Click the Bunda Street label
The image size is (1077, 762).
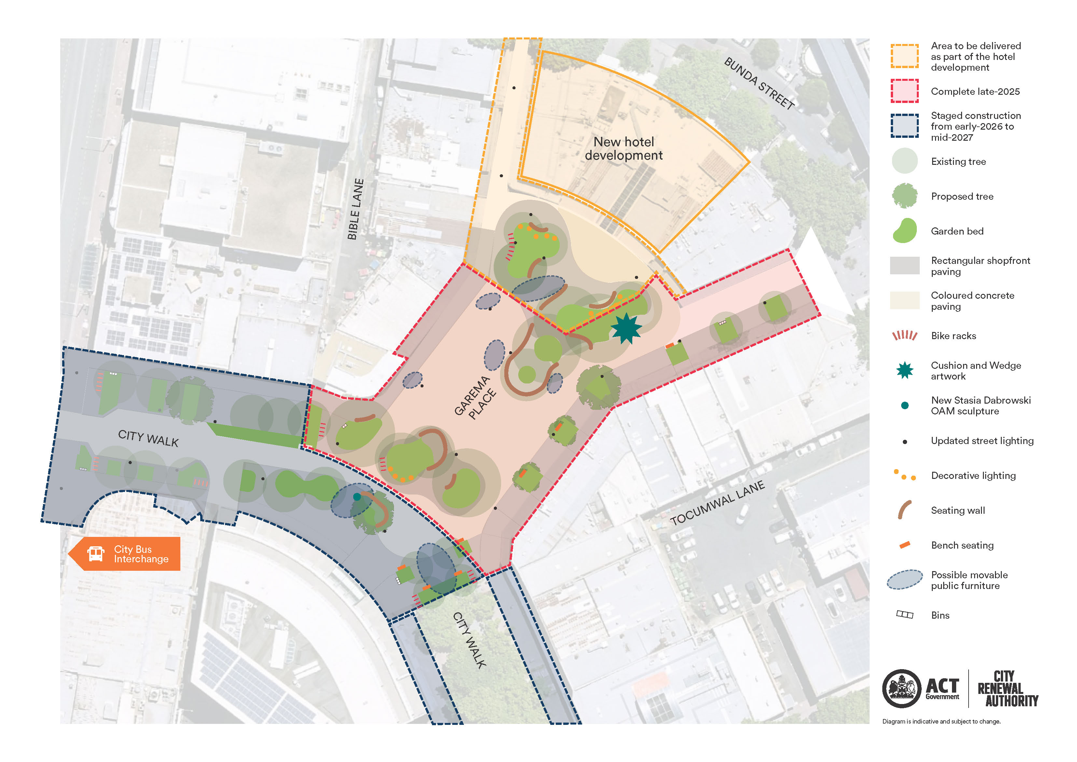[x=759, y=84]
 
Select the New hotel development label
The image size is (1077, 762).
[x=623, y=148]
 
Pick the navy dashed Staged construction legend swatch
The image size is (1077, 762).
[x=904, y=126]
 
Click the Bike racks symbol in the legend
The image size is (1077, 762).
[x=904, y=335]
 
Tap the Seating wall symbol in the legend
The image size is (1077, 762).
[x=904, y=510]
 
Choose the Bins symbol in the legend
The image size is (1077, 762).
[x=904, y=614]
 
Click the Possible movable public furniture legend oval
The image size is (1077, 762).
[x=904, y=579]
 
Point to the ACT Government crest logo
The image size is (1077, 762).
[x=901, y=688]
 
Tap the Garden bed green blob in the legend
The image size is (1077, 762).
[x=904, y=231]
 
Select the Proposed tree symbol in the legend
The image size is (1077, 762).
[x=904, y=196]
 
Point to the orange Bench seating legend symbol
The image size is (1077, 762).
[x=904, y=545]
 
